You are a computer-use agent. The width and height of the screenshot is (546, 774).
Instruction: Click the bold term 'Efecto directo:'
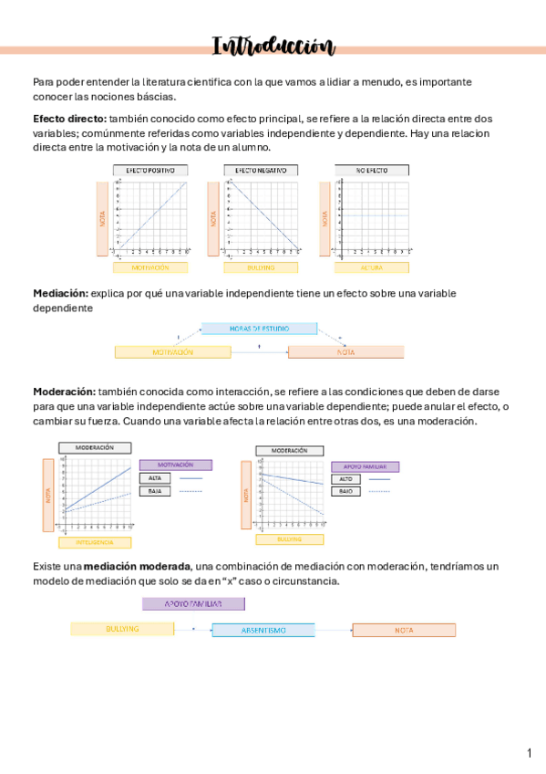pyautogui.click(x=69, y=119)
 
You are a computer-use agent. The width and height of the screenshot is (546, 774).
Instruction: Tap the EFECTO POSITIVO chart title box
pyautogui.click(x=150, y=170)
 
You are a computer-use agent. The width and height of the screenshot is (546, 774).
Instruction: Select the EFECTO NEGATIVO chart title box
pyautogui.click(x=261, y=170)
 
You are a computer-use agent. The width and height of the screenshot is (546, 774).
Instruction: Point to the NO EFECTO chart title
pyautogui.click(x=371, y=170)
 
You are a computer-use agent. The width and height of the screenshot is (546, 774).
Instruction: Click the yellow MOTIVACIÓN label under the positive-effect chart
pyautogui.click(x=150, y=267)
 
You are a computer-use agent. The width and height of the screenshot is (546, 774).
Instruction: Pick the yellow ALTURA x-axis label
pyautogui.click(x=371, y=267)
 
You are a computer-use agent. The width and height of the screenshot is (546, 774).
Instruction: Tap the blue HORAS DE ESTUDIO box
pyautogui.click(x=259, y=328)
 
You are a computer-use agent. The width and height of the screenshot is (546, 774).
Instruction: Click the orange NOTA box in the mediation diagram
pyautogui.click(x=345, y=351)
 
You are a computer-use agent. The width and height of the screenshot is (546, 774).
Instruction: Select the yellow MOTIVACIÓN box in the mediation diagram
pyautogui.click(x=172, y=351)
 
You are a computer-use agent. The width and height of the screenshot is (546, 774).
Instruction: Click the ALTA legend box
pyautogui.click(x=155, y=477)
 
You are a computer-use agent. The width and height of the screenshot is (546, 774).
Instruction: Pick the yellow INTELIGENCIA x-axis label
pyautogui.click(x=95, y=542)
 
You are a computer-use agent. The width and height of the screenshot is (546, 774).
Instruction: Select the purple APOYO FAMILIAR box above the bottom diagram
pyautogui.click(x=193, y=603)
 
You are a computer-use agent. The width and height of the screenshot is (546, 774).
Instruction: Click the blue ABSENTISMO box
pyautogui.click(x=263, y=630)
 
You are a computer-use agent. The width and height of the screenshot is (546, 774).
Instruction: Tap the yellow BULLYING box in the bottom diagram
pyautogui.click(x=122, y=629)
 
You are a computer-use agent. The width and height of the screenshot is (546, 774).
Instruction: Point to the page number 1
pyautogui.click(x=529, y=753)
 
